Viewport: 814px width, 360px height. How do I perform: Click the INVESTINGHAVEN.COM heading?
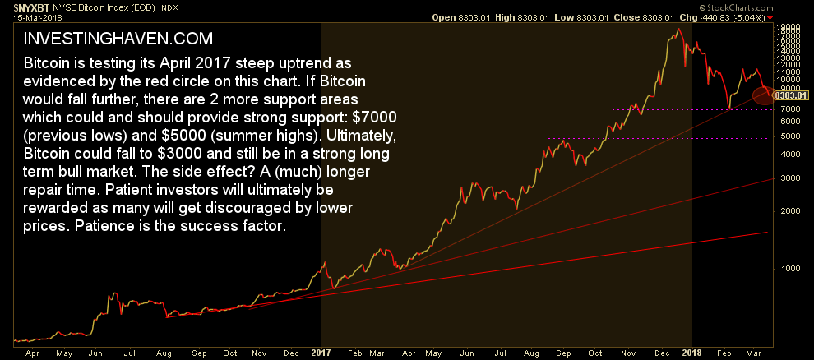pos(118,39)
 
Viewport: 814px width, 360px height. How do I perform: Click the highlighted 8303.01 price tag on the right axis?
pos(792,96)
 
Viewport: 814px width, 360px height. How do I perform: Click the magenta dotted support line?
pos(658,138)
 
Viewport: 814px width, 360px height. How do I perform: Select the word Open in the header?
pos(445,16)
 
